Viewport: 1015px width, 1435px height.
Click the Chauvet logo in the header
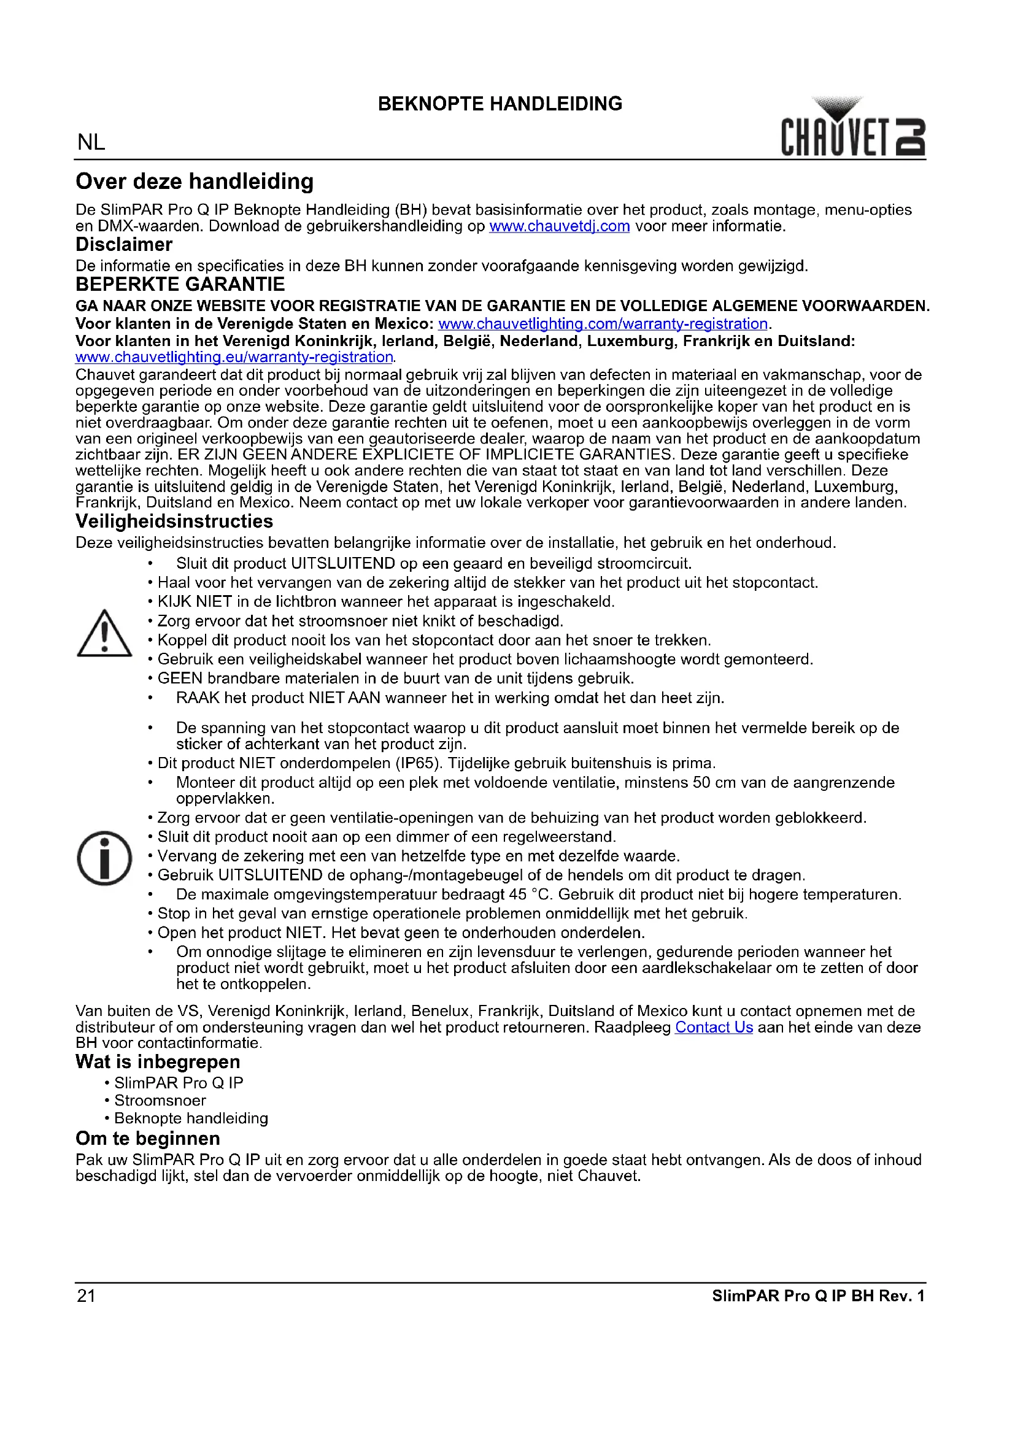(x=852, y=128)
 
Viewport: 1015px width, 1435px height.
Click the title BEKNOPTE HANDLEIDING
(x=500, y=104)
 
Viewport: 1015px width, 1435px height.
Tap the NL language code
(x=91, y=142)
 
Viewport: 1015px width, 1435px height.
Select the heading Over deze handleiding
(x=195, y=182)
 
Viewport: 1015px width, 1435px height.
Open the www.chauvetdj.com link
(x=560, y=226)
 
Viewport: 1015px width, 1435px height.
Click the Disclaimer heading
(x=124, y=245)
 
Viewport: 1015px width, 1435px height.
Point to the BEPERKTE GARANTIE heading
(x=180, y=285)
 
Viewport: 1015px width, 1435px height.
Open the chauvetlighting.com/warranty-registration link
(x=603, y=324)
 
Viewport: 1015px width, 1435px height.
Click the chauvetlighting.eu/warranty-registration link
(x=234, y=358)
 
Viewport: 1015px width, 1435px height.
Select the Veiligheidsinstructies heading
(x=174, y=521)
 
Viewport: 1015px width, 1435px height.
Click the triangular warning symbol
(x=104, y=634)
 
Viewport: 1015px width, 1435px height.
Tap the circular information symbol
(x=104, y=858)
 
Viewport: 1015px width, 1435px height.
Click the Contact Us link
(x=714, y=1027)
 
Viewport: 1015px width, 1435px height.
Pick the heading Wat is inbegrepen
(x=158, y=1062)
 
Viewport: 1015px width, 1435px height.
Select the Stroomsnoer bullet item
(x=160, y=1101)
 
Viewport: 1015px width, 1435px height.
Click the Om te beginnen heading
(x=147, y=1138)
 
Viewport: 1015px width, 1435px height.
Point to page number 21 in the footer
(x=87, y=1296)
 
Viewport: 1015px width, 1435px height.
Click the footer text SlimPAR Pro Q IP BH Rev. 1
(x=818, y=1296)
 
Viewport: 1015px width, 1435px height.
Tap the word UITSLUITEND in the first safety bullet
(x=343, y=564)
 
